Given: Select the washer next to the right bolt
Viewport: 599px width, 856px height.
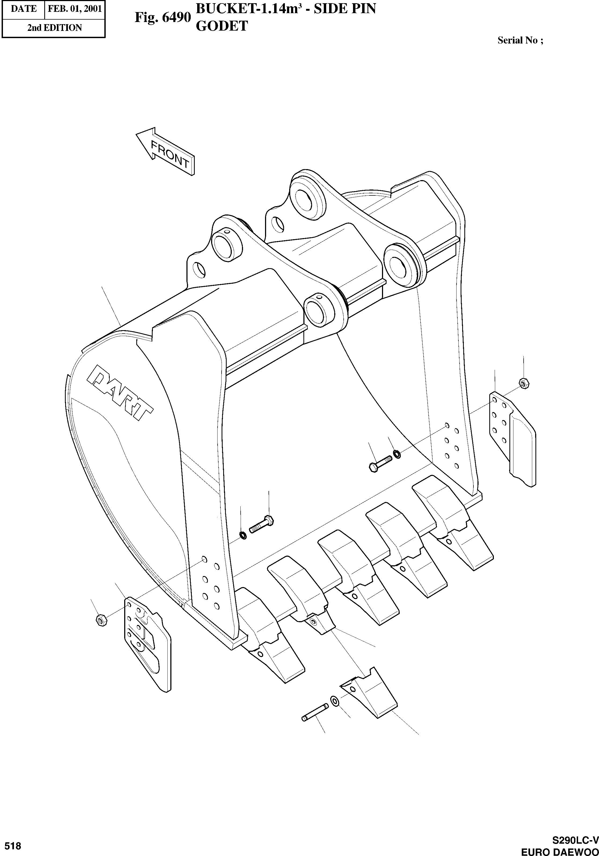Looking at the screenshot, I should [397, 454].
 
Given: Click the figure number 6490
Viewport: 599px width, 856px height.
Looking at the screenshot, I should [163, 17].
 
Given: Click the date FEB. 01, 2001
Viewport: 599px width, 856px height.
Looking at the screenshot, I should [75, 9].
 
